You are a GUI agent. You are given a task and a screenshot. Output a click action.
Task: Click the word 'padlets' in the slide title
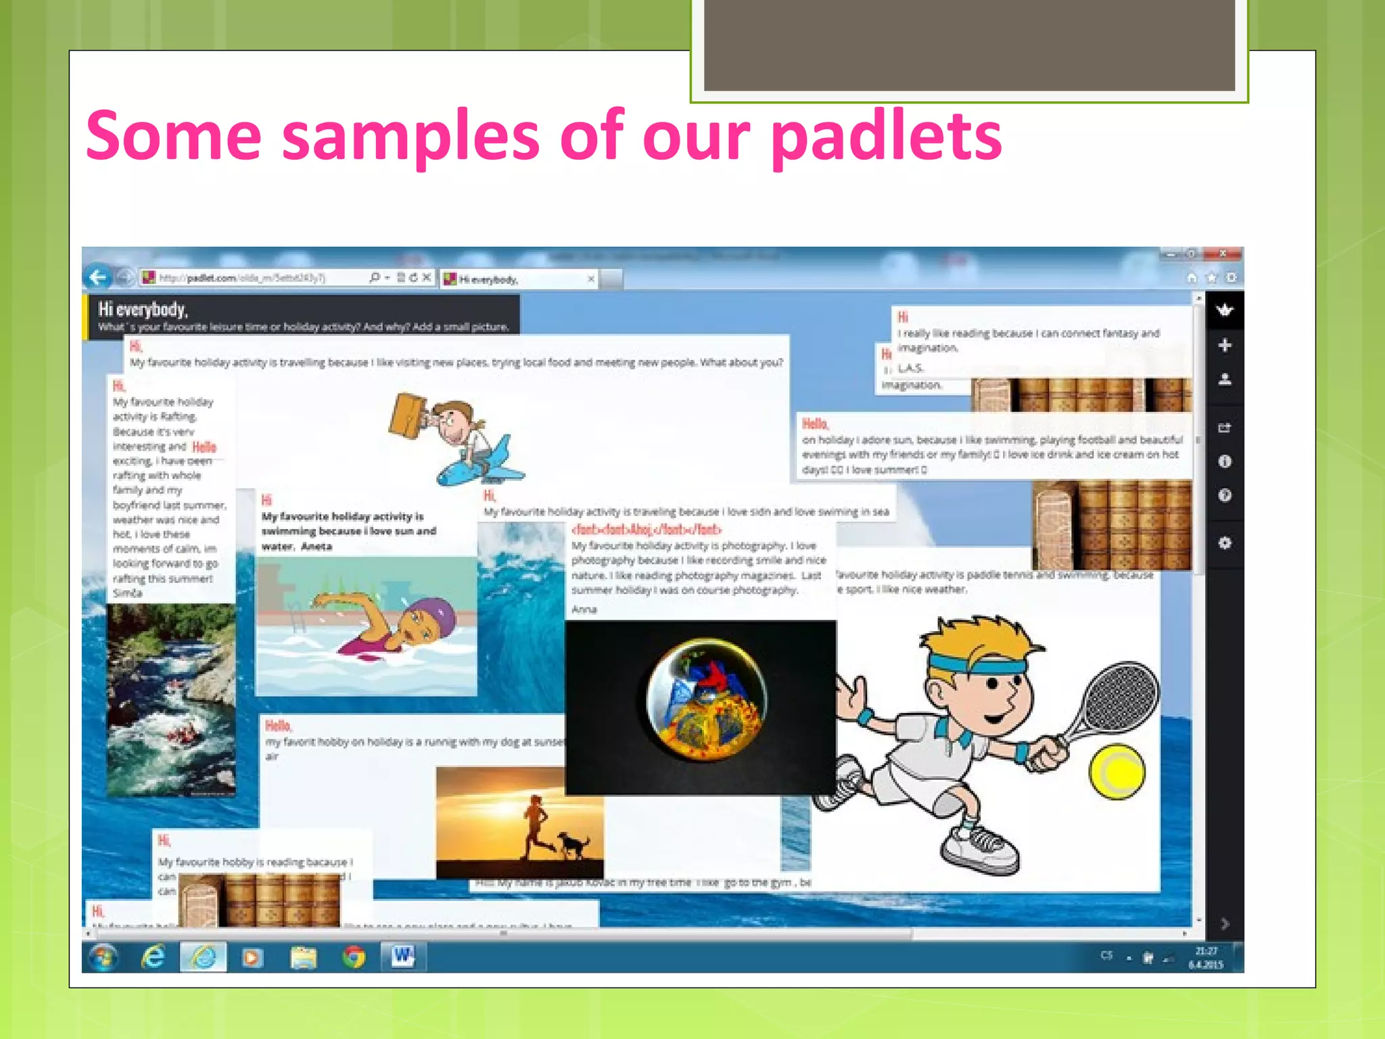click(x=886, y=137)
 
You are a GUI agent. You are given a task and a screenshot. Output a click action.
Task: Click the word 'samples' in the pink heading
click(x=410, y=137)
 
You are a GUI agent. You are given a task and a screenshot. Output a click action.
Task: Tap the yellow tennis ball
click(x=1117, y=770)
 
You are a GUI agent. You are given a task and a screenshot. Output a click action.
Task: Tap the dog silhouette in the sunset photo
click(x=573, y=845)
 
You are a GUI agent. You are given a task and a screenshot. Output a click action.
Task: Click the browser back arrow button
click(x=98, y=277)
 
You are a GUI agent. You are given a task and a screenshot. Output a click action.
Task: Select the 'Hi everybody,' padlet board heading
click(x=143, y=310)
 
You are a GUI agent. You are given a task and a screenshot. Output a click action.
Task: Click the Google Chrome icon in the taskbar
click(x=354, y=957)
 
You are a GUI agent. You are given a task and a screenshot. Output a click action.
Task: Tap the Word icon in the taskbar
click(x=403, y=956)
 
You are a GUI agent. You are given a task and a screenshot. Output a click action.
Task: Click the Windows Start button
click(x=103, y=957)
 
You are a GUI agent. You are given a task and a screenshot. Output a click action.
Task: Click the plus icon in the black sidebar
click(x=1225, y=346)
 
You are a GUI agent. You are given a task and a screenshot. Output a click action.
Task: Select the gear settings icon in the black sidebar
click(x=1225, y=543)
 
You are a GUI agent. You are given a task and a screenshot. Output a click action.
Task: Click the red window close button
click(x=1223, y=254)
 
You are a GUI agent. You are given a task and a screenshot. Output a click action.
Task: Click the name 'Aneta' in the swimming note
click(x=316, y=547)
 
